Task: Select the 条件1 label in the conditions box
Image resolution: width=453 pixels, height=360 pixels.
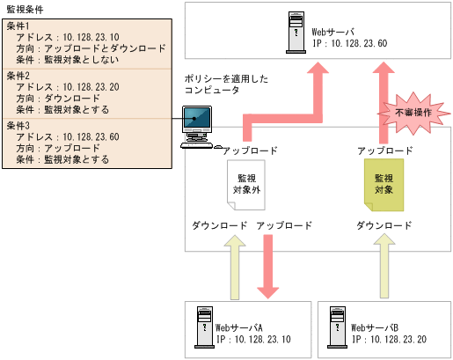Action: [18, 26]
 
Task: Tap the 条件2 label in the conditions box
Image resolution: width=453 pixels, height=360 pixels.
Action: [18, 76]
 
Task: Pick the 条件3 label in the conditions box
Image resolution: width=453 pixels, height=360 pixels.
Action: [18, 126]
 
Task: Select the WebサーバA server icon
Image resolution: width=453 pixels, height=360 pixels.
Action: [201, 327]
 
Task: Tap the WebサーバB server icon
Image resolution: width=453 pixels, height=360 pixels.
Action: [335, 327]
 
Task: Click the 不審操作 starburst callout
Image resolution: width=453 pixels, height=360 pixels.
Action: [406, 113]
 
